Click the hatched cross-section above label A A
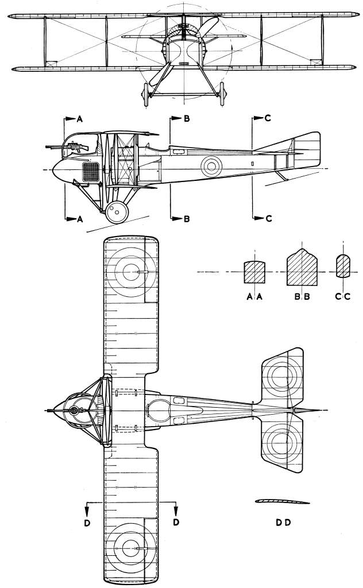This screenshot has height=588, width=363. tap(254, 272)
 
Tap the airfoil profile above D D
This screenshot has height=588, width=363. tap(282, 501)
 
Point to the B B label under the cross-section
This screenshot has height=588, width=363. tap(302, 296)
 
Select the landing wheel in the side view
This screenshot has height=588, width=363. tap(117, 212)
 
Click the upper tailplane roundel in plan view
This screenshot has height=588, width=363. tap(282, 379)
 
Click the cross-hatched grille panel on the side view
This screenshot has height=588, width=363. tap(91, 171)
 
